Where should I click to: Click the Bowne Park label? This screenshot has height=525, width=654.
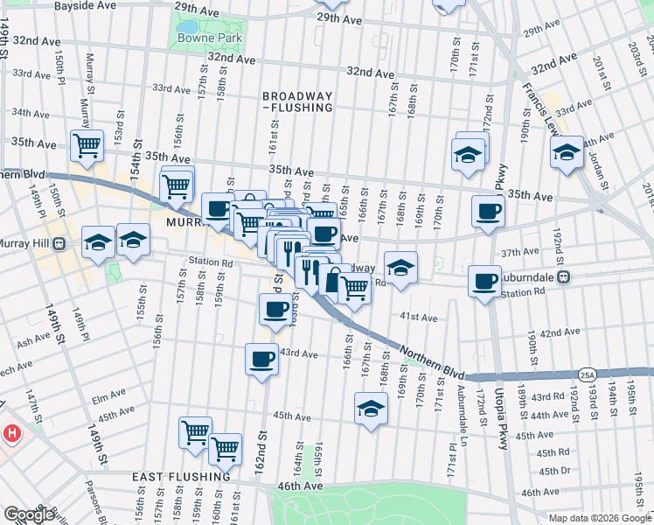coord(201,38)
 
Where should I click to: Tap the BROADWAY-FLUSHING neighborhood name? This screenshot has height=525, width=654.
coord(298,101)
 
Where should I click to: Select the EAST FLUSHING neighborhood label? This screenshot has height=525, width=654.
coord(182,477)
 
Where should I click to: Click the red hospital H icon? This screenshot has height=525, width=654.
coord(11,432)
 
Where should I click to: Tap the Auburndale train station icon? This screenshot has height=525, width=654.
coord(565,277)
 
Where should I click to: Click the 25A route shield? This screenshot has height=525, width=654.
coord(586,374)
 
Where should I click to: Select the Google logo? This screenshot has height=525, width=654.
coord(29,514)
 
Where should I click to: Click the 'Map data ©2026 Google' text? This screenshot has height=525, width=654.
coord(599,518)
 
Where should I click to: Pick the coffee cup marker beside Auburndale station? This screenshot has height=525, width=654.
coord(484,281)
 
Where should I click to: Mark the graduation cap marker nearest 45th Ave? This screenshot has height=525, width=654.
coord(371,408)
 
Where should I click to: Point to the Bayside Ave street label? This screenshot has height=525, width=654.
coord(85,5)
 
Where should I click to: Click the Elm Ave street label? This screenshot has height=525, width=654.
coord(103,401)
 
